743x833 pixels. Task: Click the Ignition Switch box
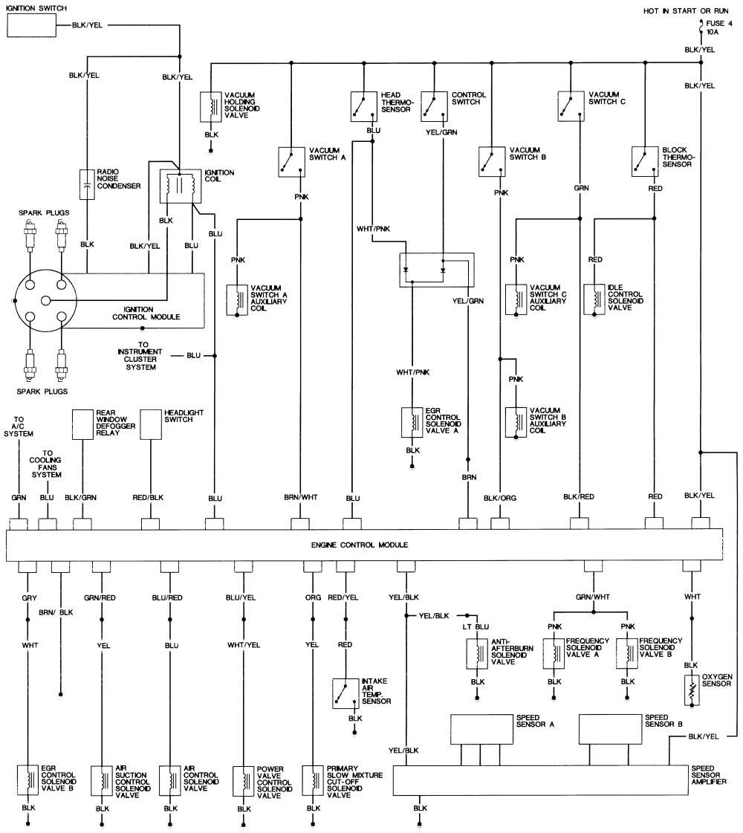32,26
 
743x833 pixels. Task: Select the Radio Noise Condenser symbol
88,184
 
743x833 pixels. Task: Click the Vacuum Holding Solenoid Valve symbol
211,106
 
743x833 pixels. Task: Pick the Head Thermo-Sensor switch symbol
363,106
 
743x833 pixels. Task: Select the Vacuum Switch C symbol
570,106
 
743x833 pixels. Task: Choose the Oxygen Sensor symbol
692,689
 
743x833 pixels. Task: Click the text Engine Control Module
364,545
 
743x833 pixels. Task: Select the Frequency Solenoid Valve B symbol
627,650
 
